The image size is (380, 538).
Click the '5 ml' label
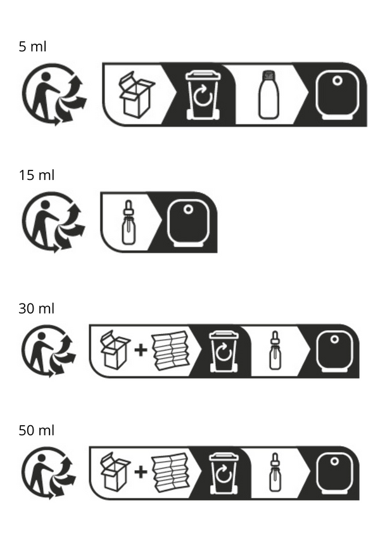click(x=32, y=46)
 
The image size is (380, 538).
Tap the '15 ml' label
click(x=36, y=175)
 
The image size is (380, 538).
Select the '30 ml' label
click(x=36, y=309)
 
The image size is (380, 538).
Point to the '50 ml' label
click(x=36, y=430)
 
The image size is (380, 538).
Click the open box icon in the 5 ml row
click(x=137, y=94)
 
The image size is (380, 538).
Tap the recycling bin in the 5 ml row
click(x=203, y=95)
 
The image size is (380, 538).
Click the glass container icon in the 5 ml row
click(x=337, y=95)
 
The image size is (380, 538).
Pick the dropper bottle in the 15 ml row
click(x=129, y=222)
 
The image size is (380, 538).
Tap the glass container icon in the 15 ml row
click(x=188, y=223)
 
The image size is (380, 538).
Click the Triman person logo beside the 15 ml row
click(x=53, y=222)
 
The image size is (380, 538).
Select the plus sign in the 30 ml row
click(x=141, y=350)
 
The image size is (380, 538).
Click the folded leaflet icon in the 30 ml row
click(x=170, y=350)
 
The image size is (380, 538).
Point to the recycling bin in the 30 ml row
click(x=224, y=351)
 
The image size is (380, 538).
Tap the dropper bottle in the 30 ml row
click(x=275, y=350)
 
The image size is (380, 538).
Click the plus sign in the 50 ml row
click(x=141, y=471)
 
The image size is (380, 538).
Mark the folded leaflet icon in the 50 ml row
click(x=170, y=472)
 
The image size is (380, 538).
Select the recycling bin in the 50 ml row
click(x=224, y=473)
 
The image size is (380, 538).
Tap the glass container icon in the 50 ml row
click(x=334, y=473)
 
